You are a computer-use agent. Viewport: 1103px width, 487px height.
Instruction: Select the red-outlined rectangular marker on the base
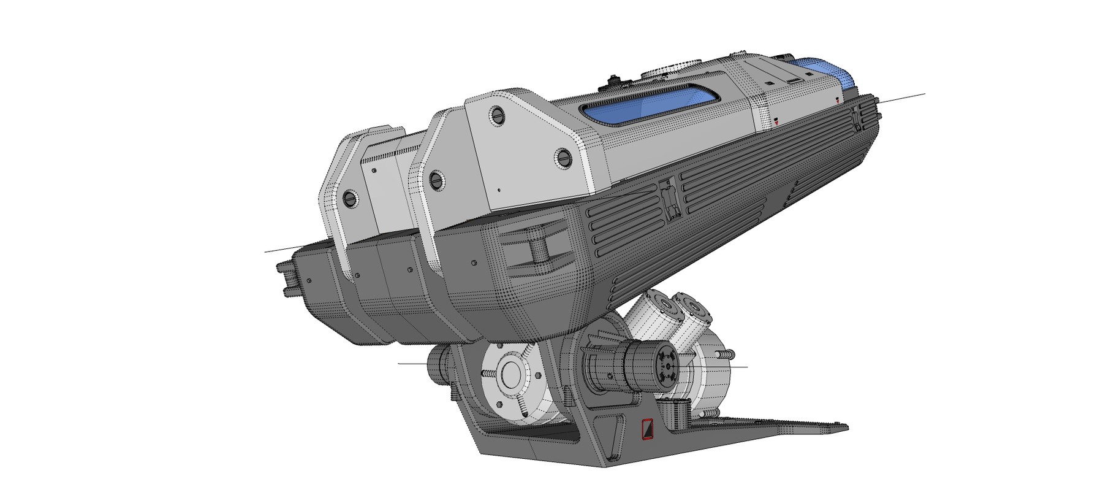tap(646, 429)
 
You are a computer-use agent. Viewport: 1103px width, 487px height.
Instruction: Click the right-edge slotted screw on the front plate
tap(564, 158)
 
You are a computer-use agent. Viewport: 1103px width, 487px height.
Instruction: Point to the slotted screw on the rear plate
tap(351, 198)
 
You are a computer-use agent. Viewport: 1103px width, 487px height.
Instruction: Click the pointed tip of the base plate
tap(846, 426)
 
